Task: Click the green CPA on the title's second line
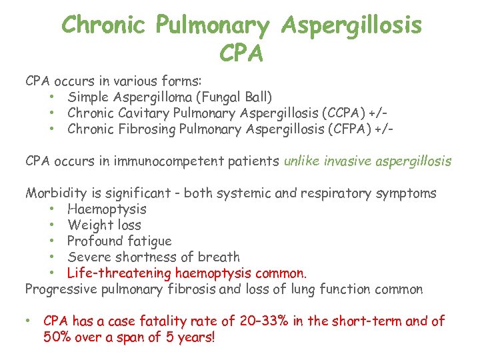241,51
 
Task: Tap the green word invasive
349,161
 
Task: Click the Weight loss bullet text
104,225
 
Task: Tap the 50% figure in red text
58,337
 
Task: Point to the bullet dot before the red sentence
27,321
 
